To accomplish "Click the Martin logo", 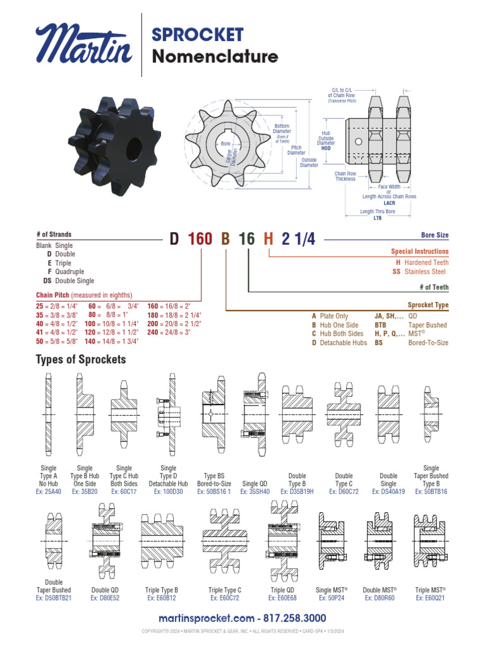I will click(x=83, y=44).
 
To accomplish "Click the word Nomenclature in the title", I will click(x=215, y=57).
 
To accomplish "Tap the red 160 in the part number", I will click(x=201, y=238).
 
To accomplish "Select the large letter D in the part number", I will click(x=175, y=238).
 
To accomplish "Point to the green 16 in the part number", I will click(x=247, y=238).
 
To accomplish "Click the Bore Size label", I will click(x=434, y=235).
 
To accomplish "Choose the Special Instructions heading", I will click(x=419, y=252).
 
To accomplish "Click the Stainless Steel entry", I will click(x=425, y=272).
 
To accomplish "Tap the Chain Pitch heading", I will click(x=85, y=295).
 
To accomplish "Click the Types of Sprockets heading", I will click(x=81, y=360).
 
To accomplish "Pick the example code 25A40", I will click(x=48, y=491).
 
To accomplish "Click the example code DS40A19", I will click(x=388, y=491).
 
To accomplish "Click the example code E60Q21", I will click(x=431, y=597).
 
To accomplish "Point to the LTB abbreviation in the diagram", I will click(x=378, y=218).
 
